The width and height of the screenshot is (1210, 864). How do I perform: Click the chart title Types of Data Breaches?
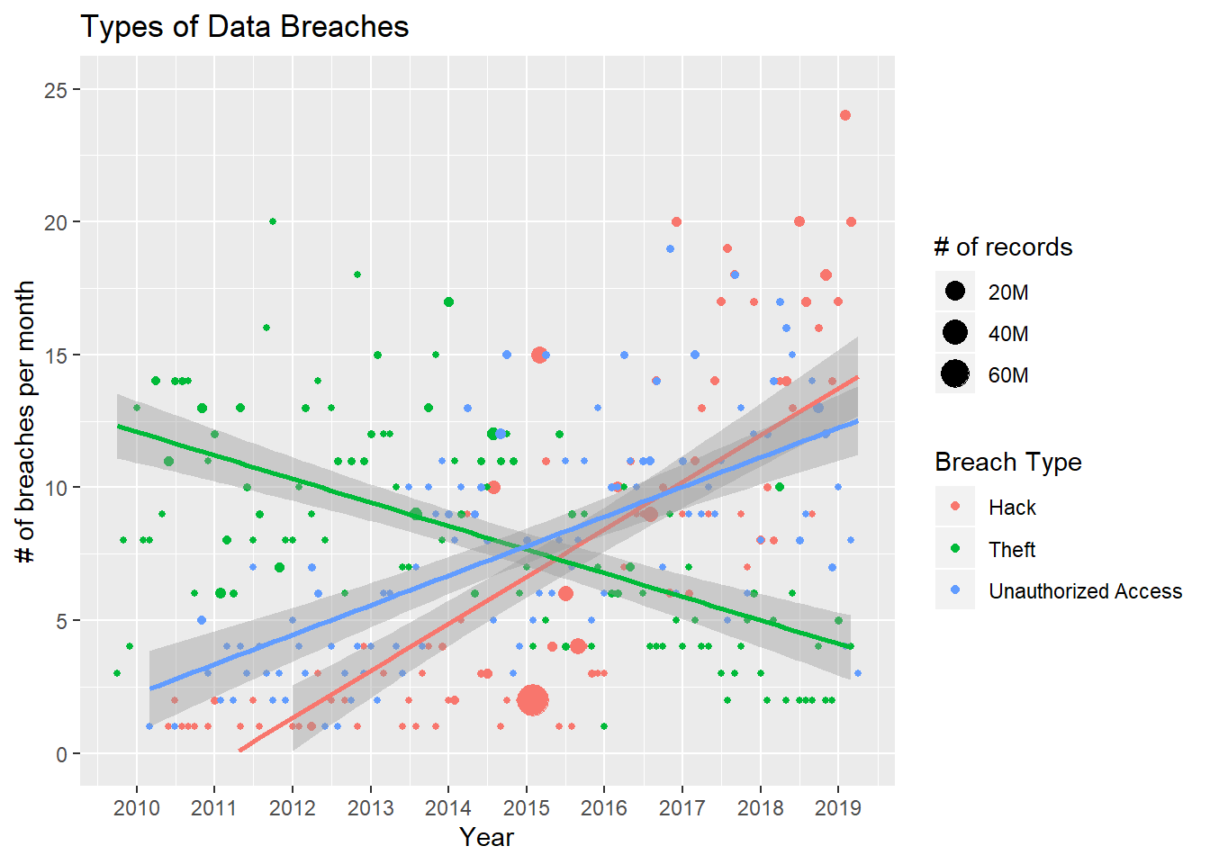[x=244, y=27]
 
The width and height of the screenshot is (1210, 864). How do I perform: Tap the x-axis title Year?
[x=486, y=837]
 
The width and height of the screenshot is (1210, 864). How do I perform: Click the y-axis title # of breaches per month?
[x=25, y=421]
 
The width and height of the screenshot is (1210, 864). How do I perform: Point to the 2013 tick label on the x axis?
[x=370, y=807]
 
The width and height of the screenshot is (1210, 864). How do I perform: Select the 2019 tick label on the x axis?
[x=837, y=807]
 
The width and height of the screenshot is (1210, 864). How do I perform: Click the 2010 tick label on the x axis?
[x=137, y=807]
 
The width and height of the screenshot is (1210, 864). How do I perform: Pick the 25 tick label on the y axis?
[x=56, y=90]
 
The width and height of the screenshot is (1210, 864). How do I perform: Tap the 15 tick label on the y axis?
[x=56, y=355]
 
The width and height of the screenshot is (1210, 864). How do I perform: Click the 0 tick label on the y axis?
[x=61, y=754]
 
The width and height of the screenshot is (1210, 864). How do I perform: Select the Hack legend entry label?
[x=1012, y=508]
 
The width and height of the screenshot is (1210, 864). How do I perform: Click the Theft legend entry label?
[x=1012, y=549]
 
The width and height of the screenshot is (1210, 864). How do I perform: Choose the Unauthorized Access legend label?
[x=1085, y=591]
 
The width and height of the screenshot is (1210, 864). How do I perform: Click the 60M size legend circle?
[x=955, y=373]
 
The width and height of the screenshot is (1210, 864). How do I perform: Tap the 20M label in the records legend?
[x=1008, y=292]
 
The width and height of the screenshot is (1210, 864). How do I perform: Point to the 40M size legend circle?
[x=955, y=332]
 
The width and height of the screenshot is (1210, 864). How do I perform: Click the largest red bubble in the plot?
[x=533, y=699]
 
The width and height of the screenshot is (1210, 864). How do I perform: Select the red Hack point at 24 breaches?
[x=844, y=115]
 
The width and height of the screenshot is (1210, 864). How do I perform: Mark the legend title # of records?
[x=1003, y=247]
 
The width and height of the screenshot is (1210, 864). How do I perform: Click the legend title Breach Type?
[x=1007, y=463]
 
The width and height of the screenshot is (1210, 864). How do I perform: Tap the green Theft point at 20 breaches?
[x=273, y=221]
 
